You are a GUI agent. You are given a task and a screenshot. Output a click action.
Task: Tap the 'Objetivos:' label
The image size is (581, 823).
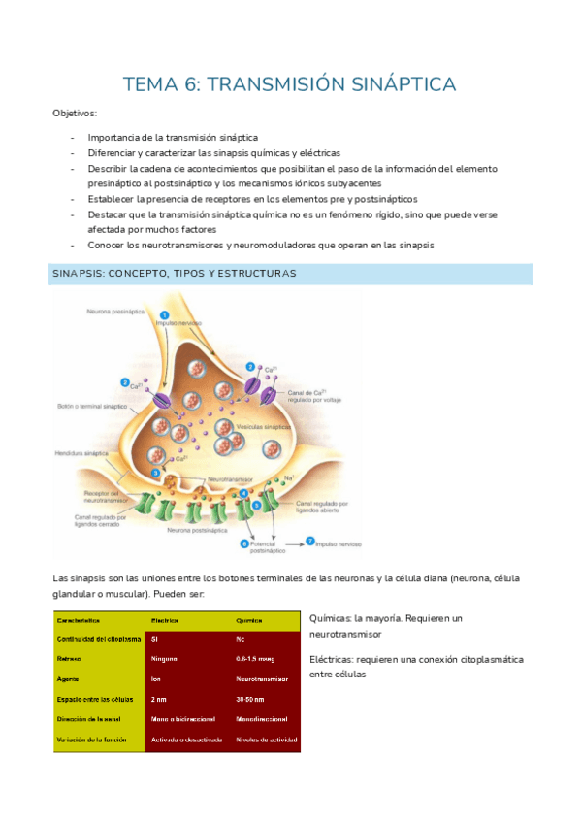tap(76, 114)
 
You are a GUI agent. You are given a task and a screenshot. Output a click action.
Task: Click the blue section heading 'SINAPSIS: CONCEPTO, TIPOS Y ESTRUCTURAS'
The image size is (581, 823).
tap(174, 274)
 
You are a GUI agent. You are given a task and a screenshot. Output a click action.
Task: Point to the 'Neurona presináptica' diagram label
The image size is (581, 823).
tap(115, 312)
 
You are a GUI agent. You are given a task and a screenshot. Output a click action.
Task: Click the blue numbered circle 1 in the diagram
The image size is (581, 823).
tap(164, 314)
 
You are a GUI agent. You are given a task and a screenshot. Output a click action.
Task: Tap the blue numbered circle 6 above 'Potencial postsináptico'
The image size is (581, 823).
tap(242, 543)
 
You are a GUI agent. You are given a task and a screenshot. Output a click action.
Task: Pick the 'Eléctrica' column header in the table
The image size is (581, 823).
tap(167, 618)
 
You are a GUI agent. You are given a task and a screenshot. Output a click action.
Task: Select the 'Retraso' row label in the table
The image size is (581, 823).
tap(72, 658)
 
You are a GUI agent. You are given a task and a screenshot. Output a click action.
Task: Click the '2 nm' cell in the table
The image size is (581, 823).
tap(159, 699)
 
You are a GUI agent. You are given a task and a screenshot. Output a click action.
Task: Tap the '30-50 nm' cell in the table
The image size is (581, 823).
tap(251, 699)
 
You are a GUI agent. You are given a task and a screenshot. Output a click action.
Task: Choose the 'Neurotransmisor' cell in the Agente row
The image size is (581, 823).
tap(263, 678)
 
